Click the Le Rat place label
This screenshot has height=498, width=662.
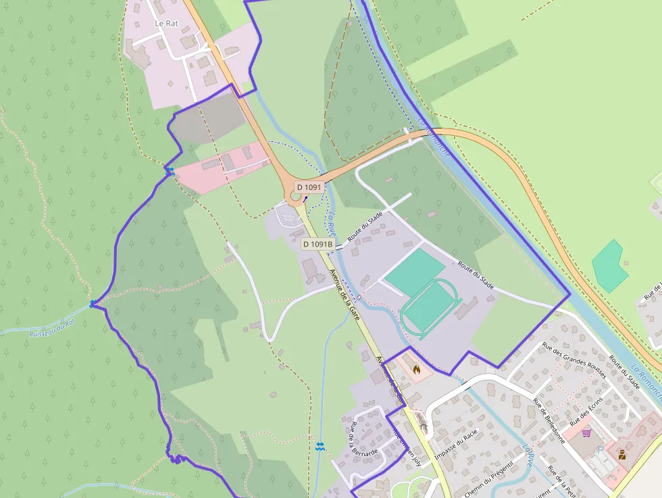[x=166, y=23]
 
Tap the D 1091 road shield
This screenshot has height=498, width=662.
[x=309, y=187]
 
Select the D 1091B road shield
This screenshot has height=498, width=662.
[x=317, y=244]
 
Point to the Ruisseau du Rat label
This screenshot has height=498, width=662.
[x=52, y=329]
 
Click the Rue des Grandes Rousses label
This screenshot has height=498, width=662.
[x=574, y=361]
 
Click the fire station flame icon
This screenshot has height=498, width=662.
[x=416, y=369]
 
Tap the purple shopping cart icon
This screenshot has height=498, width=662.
[x=586, y=432]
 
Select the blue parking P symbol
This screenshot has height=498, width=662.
[x=600, y=450]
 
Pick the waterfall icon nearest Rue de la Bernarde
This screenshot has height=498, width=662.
[x=320, y=446]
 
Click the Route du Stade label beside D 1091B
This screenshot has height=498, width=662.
[x=365, y=227]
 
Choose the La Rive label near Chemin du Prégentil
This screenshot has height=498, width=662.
[x=528, y=455]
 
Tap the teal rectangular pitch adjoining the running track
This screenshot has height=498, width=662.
[x=413, y=270]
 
